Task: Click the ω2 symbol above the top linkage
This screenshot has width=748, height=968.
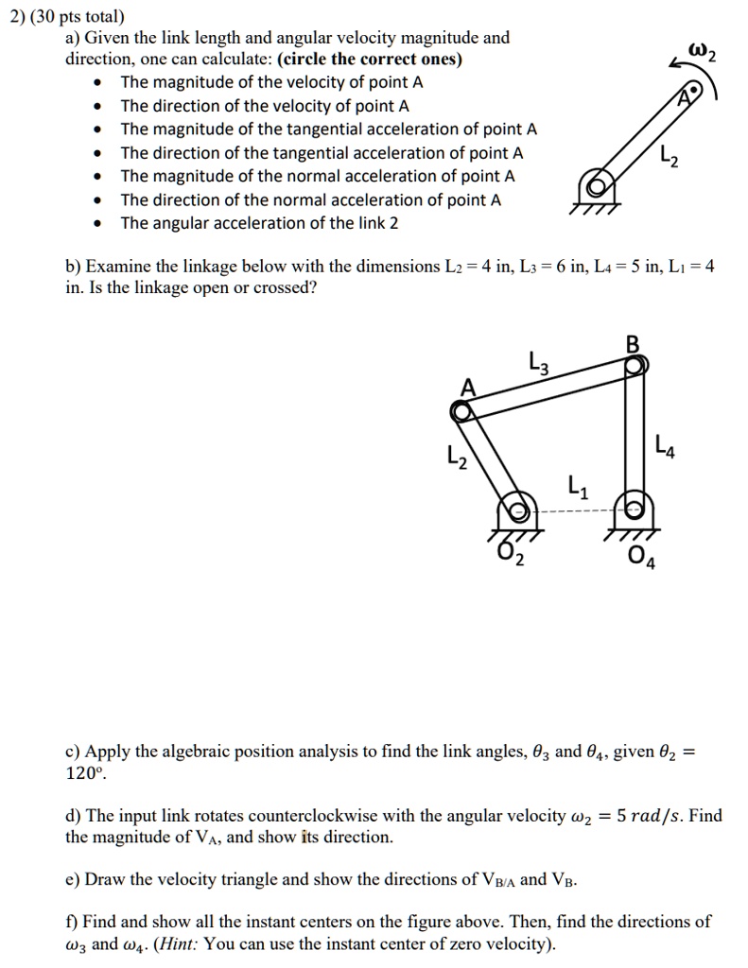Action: [x=705, y=53]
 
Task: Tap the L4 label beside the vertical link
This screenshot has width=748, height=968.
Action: [x=665, y=445]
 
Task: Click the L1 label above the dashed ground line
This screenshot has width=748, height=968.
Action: [x=578, y=489]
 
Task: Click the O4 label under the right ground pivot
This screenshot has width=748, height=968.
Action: [x=644, y=556]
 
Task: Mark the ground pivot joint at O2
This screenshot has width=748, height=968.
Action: [x=514, y=511]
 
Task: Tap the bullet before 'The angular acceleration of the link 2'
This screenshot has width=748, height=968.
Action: [x=98, y=224]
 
